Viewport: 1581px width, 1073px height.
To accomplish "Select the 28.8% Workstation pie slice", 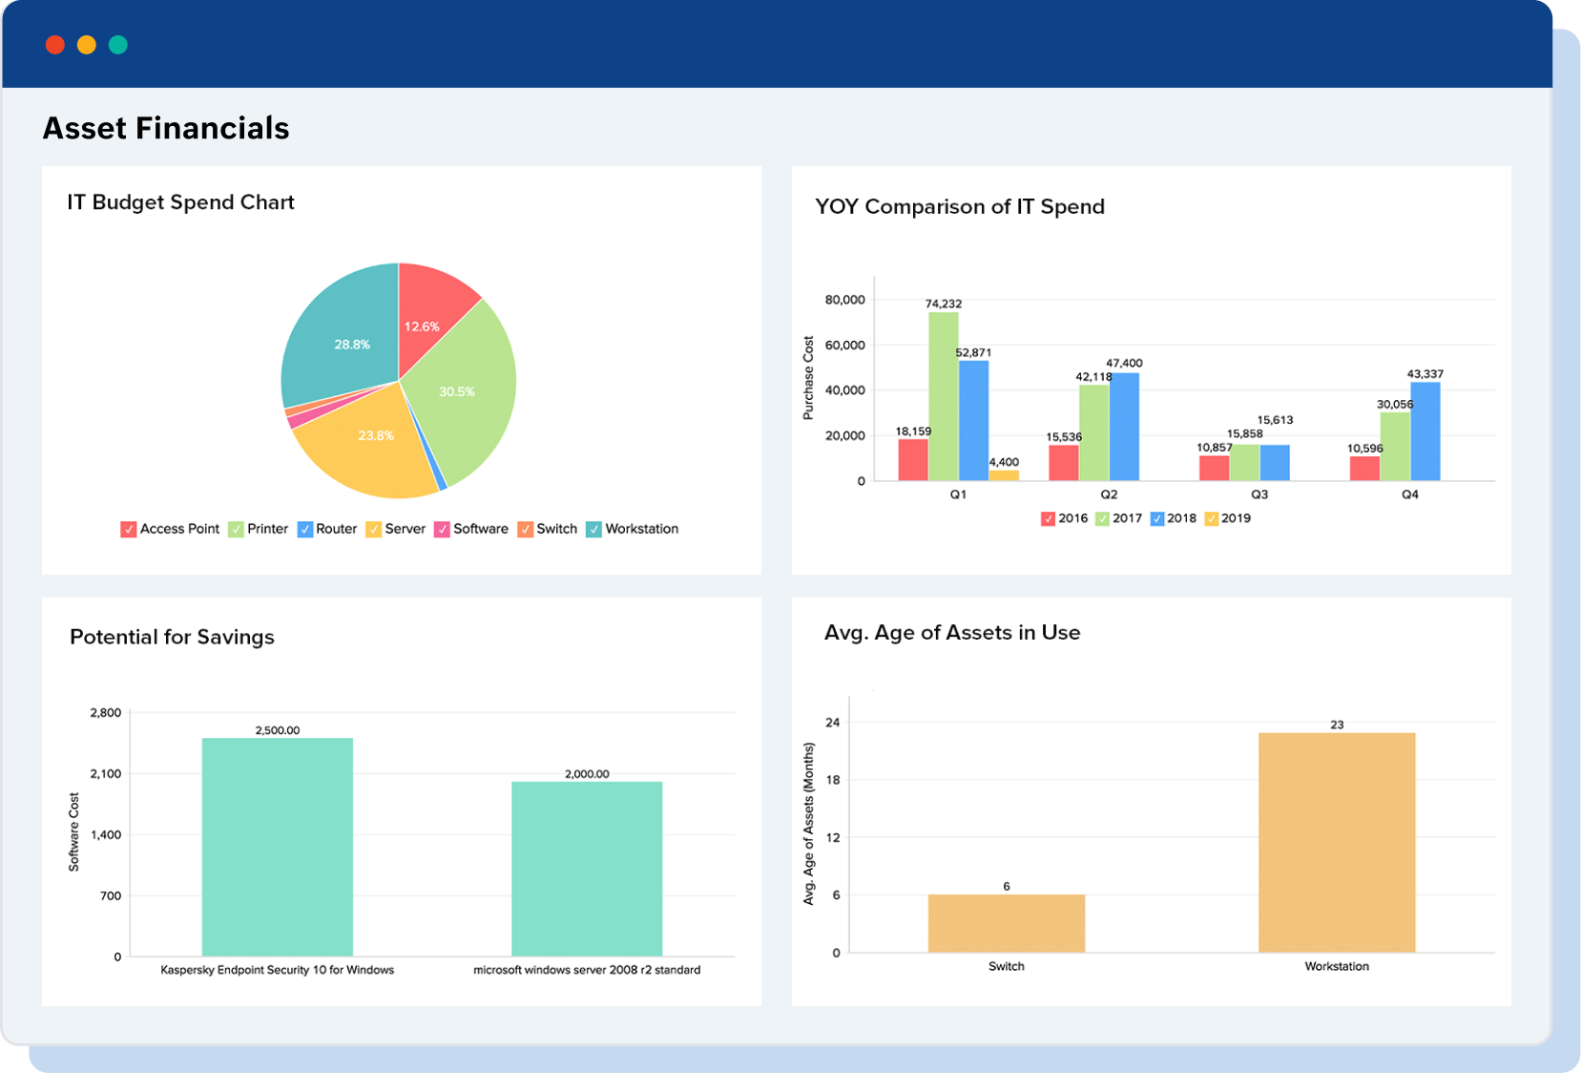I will pyautogui.click(x=343, y=339).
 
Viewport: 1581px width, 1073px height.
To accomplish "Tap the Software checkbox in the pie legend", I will pyautogui.click(x=442, y=529).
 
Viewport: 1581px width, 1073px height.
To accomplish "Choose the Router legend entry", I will pyautogui.click(x=327, y=529).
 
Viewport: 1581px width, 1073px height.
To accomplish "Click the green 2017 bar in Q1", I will pyautogui.click(x=944, y=396).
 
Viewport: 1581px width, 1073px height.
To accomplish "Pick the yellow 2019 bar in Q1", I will pyautogui.click(x=1004, y=474).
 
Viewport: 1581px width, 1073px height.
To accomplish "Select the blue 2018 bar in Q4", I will pyautogui.click(x=1425, y=431).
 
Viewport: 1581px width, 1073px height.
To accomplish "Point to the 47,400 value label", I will pyautogui.click(x=1124, y=363).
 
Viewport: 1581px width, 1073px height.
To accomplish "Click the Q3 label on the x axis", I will pyautogui.click(x=1259, y=494).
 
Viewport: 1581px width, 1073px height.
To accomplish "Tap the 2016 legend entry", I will pyautogui.click(x=1065, y=518).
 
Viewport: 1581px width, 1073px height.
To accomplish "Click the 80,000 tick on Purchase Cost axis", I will pyautogui.click(x=844, y=300).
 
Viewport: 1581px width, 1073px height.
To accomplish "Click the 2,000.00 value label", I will pyautogui.click(x=587, y=774).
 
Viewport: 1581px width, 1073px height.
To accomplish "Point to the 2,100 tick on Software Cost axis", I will pyautogui.click(x=106, y=774).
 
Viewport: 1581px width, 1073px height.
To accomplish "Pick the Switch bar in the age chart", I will pyautogui.click(x=1006, y=923).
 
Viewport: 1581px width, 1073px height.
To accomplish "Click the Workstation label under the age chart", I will pyautogui.click(x=1336, y=966).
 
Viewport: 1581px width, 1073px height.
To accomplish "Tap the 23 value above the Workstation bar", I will pyautogui.click(x=1337, y=725).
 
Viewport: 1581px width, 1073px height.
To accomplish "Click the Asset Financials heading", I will pyautogui.click(x=166, y=128).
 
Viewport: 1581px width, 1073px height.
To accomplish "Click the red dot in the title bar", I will pyautogui.click(x=55, y=45).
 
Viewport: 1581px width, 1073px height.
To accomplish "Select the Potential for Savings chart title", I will pyautogui.click(x=172, y=637).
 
